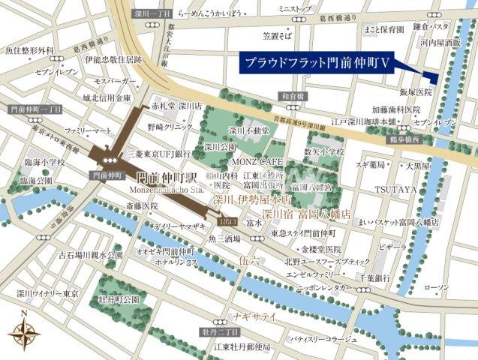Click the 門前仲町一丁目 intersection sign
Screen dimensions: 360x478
23,110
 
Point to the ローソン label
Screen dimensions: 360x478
435,287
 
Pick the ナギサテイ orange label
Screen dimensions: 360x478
255,316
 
